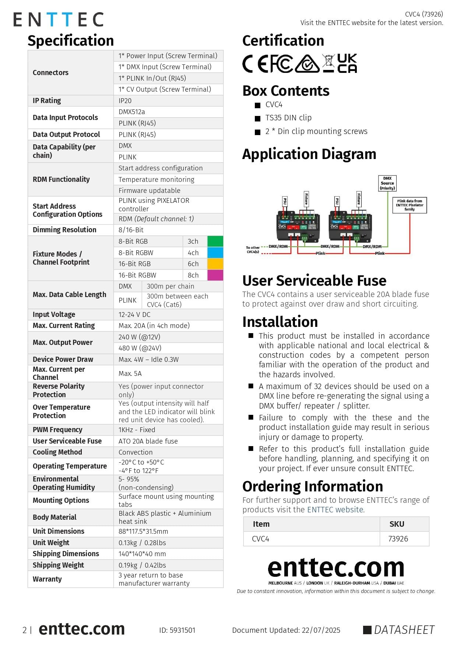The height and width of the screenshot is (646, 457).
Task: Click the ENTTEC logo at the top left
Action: (58, 20)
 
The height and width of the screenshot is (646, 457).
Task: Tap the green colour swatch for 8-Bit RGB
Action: (215, 241)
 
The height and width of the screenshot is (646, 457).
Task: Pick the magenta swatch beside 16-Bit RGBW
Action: (215, 275)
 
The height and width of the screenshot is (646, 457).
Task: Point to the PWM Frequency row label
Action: (57, 430)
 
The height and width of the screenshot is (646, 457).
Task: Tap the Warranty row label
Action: (47, 579)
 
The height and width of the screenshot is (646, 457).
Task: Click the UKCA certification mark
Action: (347, 63)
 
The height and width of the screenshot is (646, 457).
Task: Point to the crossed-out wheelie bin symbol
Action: (328, 63)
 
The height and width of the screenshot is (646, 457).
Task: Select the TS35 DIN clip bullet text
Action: (288, 118)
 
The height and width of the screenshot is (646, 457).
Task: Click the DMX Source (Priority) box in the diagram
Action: (387, 183)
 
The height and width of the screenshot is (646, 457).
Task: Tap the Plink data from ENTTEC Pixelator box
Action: (409, 205)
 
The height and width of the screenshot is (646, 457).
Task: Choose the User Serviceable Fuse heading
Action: (314, 280)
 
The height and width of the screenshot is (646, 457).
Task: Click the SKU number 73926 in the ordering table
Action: (398, 539)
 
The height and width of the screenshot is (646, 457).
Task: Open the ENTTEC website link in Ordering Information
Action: (335, 509)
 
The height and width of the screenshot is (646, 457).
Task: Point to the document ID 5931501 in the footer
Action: (177, 630)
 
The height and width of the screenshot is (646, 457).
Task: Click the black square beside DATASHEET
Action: (367, 630)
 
